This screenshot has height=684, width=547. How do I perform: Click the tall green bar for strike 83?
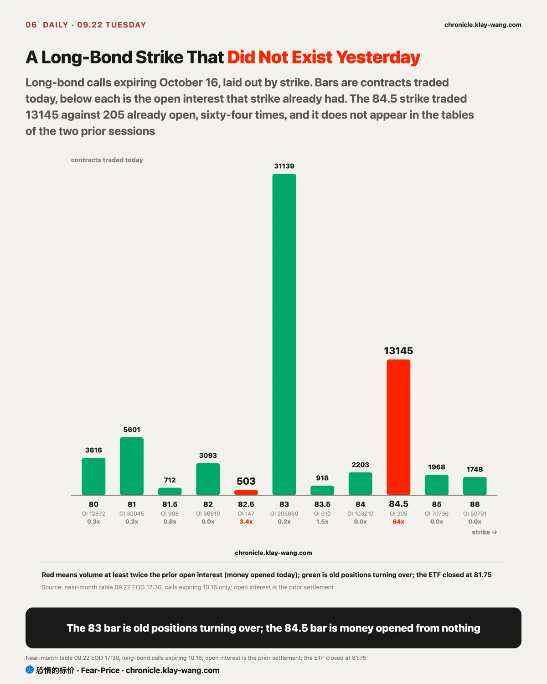coord(284,334)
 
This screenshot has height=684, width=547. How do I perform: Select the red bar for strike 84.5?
coord(398,427)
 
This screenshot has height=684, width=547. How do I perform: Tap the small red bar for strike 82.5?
coord(246,492)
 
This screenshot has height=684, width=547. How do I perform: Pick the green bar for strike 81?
coord(132,466)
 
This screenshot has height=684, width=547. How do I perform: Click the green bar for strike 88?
coord(475,486)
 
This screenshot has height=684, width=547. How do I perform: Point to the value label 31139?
coord(284,166)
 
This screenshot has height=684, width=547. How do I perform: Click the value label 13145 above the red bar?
coord(398,351)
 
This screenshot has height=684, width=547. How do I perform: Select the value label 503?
coord(246,481)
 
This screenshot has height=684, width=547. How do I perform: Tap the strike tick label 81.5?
coord(170,504)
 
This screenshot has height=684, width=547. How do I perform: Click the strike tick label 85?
coord(436,504)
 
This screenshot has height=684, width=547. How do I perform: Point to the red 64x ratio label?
coord(398,522)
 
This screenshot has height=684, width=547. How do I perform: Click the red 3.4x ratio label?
coord(246,522)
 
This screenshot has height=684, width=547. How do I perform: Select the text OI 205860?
coord(284,513)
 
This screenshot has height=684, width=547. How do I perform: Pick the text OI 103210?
coord(360,513)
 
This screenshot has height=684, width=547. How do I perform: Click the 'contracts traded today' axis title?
coord(107,160)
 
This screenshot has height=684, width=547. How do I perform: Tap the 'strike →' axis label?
coord(484,532)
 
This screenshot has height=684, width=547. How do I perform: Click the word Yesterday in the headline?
coord(378,57)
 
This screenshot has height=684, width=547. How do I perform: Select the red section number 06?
coord(31,25)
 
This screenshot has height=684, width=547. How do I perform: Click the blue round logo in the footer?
coord(30,669)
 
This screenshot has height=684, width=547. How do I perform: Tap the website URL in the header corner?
coord(483,25)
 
